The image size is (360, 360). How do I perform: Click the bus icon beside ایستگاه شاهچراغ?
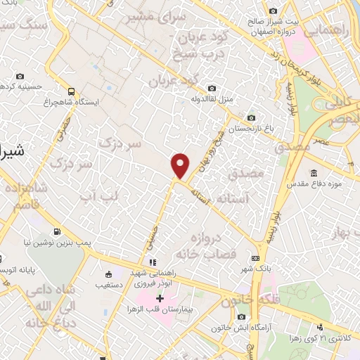click(71, 91)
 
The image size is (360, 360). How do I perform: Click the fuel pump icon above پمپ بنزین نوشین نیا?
click(56, 231)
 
